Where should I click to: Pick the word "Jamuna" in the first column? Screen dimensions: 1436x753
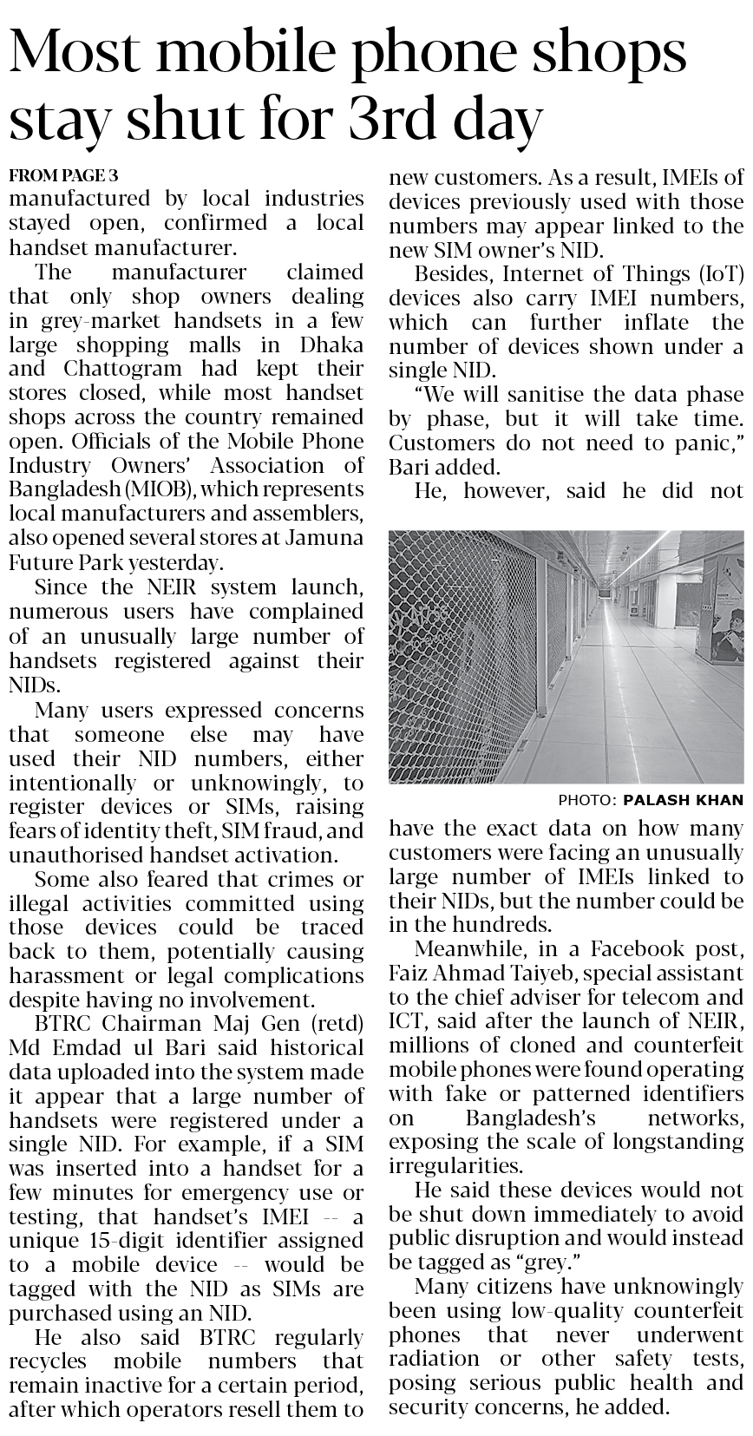(326, 538)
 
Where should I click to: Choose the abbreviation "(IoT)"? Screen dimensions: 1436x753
(716, 274)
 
